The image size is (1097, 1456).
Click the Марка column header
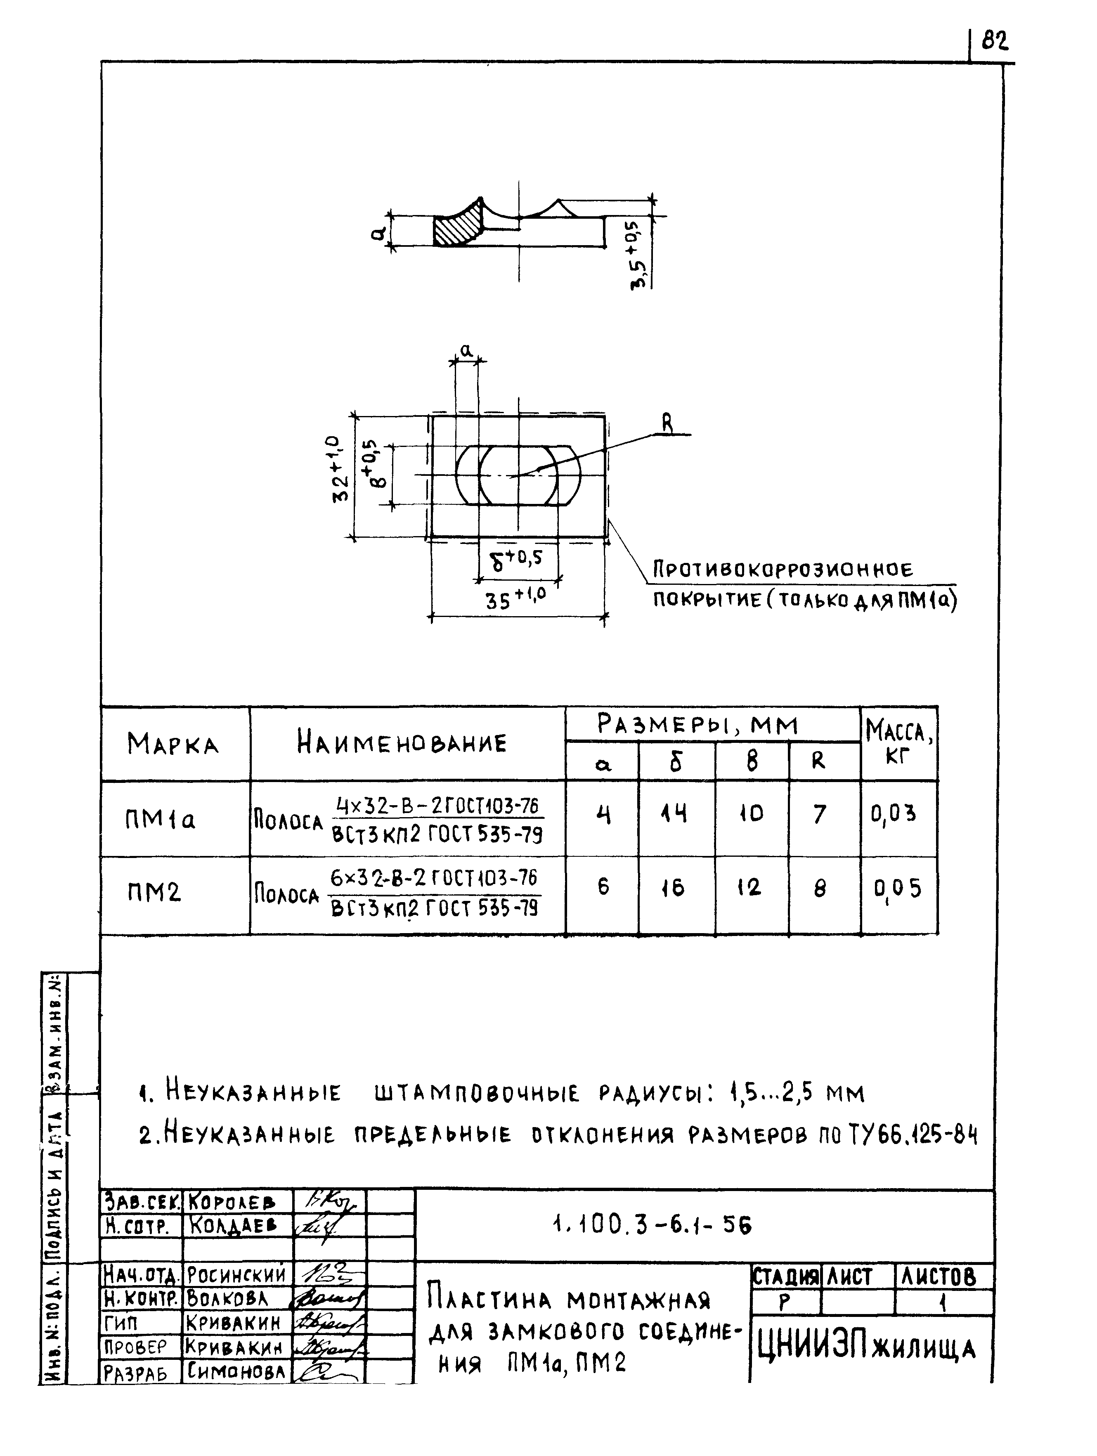(x=173, y=745)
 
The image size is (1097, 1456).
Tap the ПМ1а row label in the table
(x=160, y=820)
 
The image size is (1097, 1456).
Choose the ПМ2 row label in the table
(x=154, y=893)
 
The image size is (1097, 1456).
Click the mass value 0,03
(x=893, y=815)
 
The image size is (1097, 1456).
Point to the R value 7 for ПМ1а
(x=819, y=815)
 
